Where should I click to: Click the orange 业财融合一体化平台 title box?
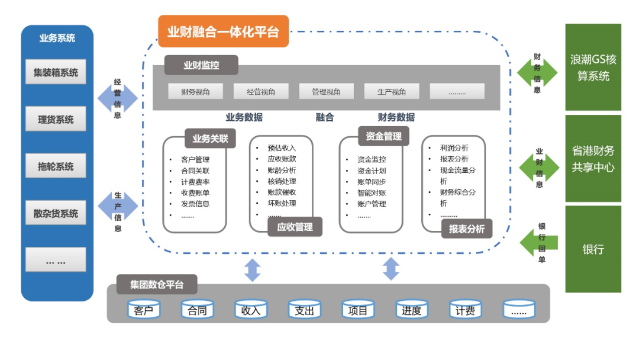pos(223,31)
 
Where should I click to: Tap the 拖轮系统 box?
pos(56,166)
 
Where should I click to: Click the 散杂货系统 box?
pos(56,213)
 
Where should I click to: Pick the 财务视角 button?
pos(186,91)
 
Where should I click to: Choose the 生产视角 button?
pos(392,91)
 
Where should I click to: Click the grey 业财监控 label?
pos(201,65)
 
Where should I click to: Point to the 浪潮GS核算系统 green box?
pos(593,67)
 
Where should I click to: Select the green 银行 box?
pos(593,249)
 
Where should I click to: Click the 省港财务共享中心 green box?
pos(593,159)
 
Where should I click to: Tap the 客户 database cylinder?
pos(144,310)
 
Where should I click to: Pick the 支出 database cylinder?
pos(304,310)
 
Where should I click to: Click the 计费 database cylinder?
pos(465,310)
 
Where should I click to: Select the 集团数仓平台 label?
pos(157,285)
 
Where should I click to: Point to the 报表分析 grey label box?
pos(467,229)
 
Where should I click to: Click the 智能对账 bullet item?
pos(372,192)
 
